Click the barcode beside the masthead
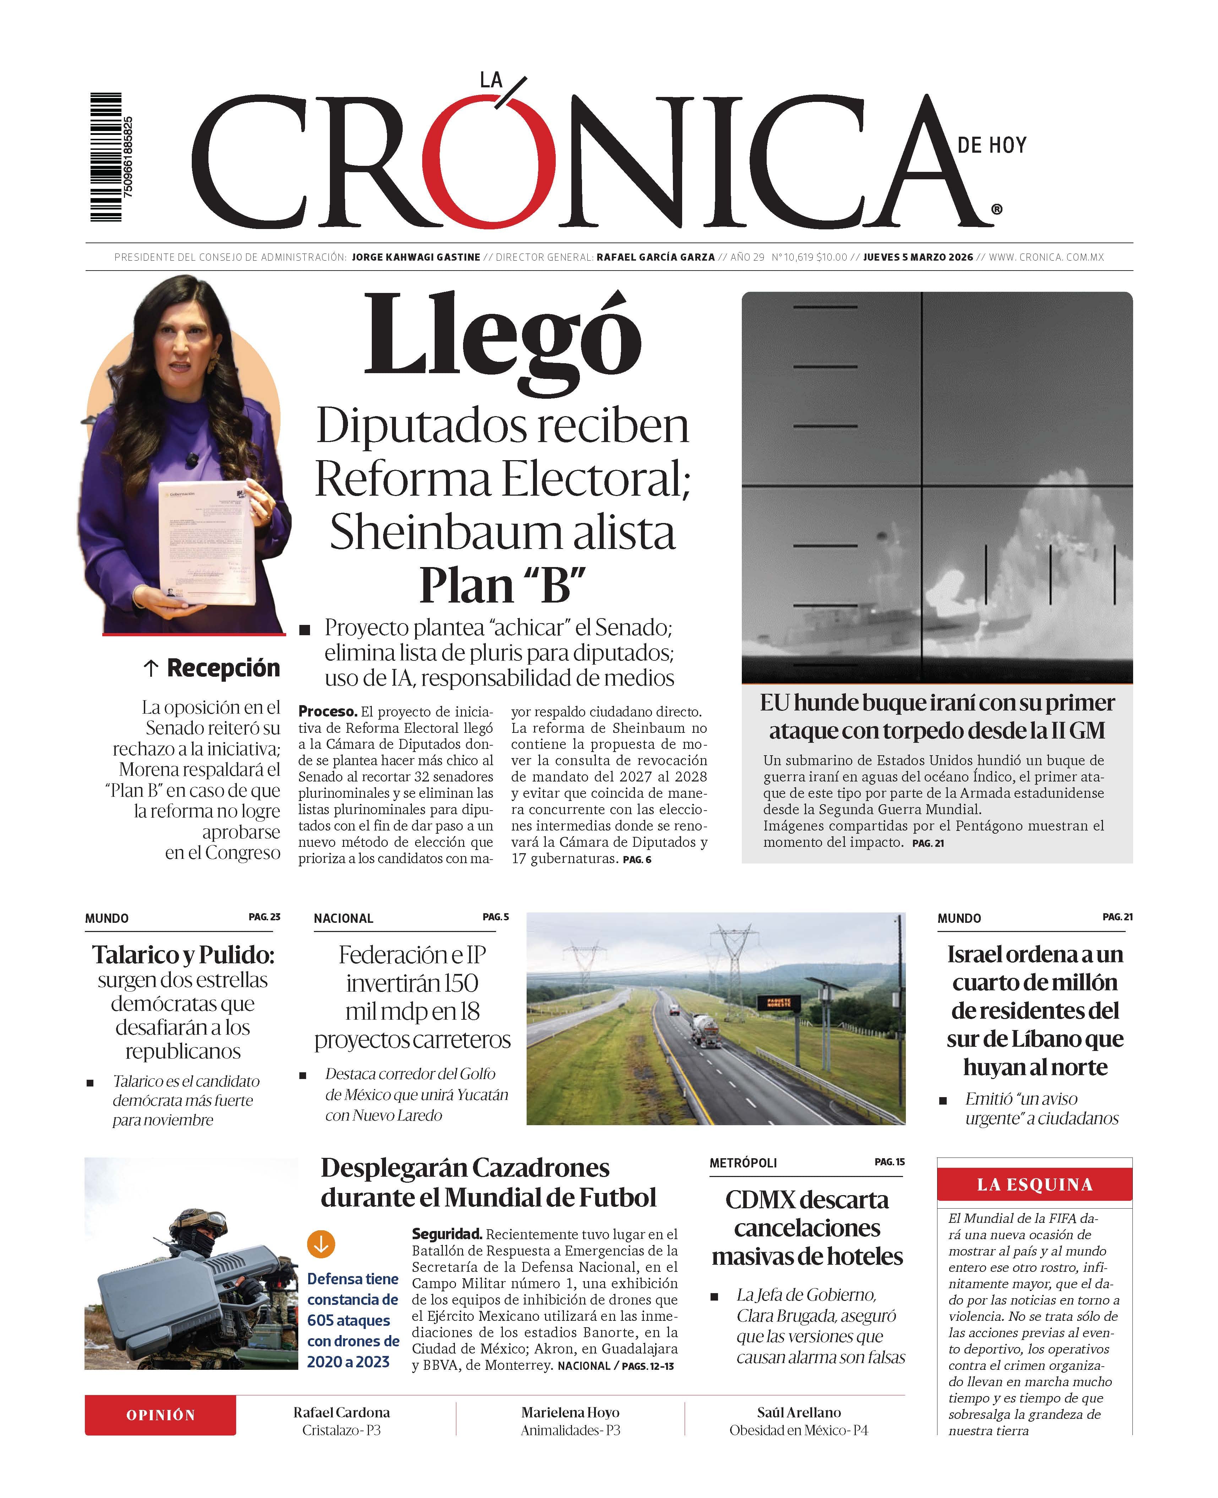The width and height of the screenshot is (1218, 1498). tap(107, 157)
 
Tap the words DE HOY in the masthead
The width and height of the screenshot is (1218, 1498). tap(991, 145)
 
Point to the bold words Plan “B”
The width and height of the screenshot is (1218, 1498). tap(502, 584)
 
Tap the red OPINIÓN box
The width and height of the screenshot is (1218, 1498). tap(161, 1415)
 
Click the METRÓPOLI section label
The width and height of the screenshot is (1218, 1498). tap(743, 1162)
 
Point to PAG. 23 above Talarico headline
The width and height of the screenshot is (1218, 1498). tap(265, 916)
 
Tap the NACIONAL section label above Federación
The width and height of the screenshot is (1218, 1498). tap(343, 918)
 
